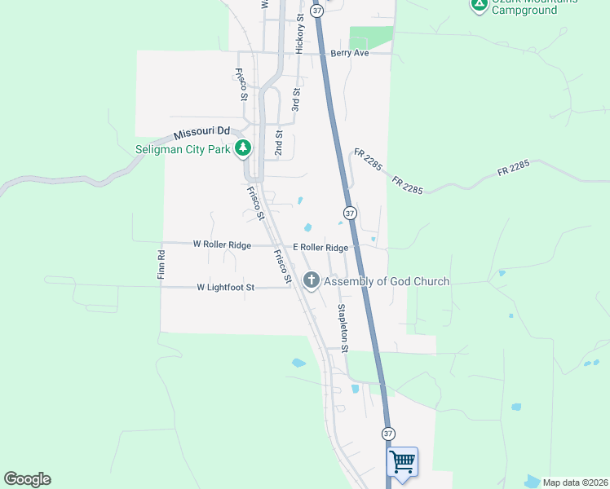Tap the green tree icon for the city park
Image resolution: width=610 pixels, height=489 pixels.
pyautogui.click(x=242, y=148)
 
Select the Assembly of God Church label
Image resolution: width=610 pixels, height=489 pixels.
pyautogui.click(x=387, y=281)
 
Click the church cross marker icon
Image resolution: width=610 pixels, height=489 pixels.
pyautogui.click(x=311, y=280)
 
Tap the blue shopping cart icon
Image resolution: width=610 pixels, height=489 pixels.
pyautogui.click(x=403, y=461)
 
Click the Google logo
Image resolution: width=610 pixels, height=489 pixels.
pyautogui.click(x=27, y=479)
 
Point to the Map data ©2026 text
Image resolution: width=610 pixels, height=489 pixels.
pyautogui.click(x=575, y=482)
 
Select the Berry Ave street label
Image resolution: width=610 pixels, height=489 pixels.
pyautogui.click(x=350, y=53)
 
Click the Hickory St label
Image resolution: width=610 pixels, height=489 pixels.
pyautogui.click(x=300, y=34)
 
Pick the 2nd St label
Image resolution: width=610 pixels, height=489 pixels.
pyautogui.click(x=279, y=143)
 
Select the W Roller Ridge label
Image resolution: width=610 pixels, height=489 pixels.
pyautogui.click(x=222, y=244)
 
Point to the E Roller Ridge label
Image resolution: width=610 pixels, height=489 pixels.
pyautogui.click(x=321, y=248)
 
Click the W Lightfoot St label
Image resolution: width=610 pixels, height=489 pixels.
pyautogui.click(x=226, y=288)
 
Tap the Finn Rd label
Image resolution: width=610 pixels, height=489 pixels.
pyautogui.click(x=161, y=265)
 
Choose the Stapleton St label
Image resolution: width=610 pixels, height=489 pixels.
pyautogui.click(x=343, y=328)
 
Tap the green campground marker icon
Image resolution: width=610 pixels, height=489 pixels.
pyautogui.click(x=480, y=5)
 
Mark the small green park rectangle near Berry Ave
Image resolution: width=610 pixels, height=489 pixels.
pyautogui.click(x=370, y=37)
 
